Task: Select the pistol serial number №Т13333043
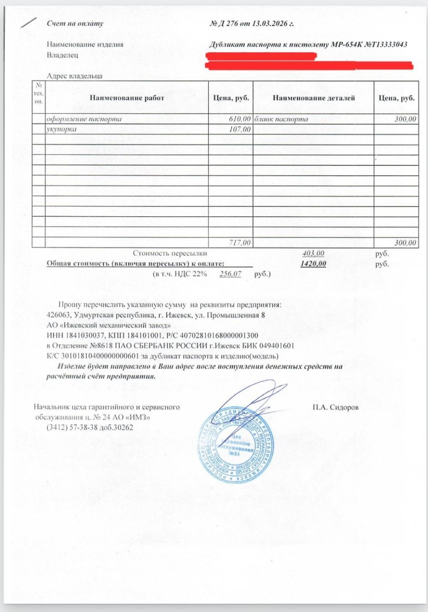click(385, 45)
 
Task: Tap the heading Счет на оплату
click(75, 24)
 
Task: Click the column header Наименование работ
click(127, 98)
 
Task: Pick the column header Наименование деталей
click(313, 98)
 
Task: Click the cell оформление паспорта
click(84, 119)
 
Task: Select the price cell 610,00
click(240, 119)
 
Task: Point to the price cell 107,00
click(240, 129)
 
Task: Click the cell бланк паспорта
click(281, 119)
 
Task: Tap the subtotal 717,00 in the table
click(240, 243)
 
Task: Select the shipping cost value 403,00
click(313, 254)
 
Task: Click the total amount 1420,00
click(313, 264)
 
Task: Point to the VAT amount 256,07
click(230, 274)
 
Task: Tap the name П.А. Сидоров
click(336, 407)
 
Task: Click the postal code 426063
click(58, 315)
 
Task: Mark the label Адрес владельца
click(74, 76)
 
